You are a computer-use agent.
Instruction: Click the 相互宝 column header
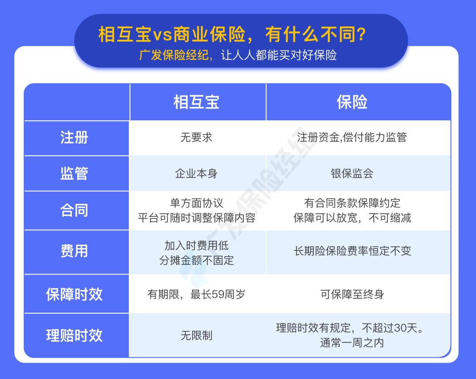[x=197, y=102]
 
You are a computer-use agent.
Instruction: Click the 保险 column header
[x=352, y=102]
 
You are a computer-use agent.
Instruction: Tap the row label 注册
[x=74, y=137]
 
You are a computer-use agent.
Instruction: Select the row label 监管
[x=74, y=174]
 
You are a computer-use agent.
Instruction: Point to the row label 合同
[x=74, y=210]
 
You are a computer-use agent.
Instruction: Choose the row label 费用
[x=74, y=251]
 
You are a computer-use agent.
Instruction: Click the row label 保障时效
[x=74, y=294]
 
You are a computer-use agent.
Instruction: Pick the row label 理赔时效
[x=74, y=336]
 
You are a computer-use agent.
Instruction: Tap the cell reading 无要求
[x=197, y=137]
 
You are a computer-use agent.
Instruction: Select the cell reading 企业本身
[x=197, y=174]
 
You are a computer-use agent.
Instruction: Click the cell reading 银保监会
[x=352, y=174]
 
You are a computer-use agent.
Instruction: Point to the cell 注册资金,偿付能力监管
[x=352, y=137]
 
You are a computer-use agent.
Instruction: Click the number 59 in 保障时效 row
[x=216, y=294]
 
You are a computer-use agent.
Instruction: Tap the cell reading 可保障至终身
[x=352, y=294]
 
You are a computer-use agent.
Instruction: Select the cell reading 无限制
[x=197, y=336]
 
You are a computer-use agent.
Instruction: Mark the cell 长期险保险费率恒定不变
[x=352, y=251]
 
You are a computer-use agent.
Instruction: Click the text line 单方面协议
[x=197, y=203]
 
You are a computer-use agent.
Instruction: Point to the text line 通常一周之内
[x=352, y=343]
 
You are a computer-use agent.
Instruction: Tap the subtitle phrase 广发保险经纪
[x=174, y=55]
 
